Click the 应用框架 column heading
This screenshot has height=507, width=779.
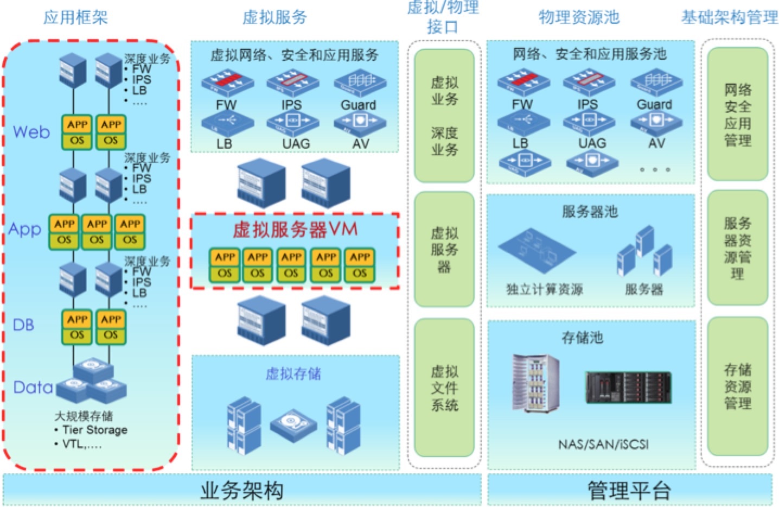[x=75, y=17]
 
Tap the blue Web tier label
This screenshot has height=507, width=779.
[x=31, y=132]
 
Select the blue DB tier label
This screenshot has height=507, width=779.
[x=23, y=325]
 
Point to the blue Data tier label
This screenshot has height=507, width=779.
[x=33, y=387]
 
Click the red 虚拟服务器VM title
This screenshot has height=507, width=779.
[x=295, y=229]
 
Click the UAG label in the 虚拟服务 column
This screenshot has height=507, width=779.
[x=296, y=143]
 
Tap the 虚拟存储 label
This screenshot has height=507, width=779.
[x=293, y=373]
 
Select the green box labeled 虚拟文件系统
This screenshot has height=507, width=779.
[x=444, y=388]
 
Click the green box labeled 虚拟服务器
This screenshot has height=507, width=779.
[x=444, y=250]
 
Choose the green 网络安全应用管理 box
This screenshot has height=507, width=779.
[x=737, y=115]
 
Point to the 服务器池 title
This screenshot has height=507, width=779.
[x=590, y=211]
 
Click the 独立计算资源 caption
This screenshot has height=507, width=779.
[x=544, y=289]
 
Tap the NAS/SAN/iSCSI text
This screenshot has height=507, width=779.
[x=603, y=445]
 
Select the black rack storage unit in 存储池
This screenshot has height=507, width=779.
[x=628, y=387]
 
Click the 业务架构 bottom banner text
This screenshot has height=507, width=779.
[x=242, y=490]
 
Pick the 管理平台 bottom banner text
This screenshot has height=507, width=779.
[x=629, y=490]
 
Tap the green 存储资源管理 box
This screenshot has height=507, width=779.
[x=737, y=386]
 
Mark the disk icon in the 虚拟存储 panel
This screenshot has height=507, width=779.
[x=293, y=422]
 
